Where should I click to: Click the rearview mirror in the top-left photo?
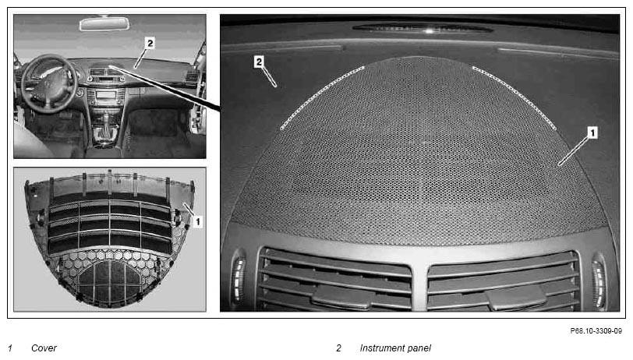(104, 24)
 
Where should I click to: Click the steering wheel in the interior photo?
(49, 83)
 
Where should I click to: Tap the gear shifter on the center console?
(106, 126)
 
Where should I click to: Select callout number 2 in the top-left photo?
(150, 43)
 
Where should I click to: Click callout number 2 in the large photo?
(259, 62)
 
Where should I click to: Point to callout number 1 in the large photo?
(592, 132)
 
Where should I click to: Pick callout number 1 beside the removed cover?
(197, 221)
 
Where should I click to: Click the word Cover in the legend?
(44, 348)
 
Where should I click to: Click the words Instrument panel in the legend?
(395, 348)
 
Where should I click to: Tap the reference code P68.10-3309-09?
(596, 331)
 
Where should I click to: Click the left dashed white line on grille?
(322, 97)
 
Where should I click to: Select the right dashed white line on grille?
(514, 97)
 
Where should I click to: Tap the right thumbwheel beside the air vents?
(599, 282)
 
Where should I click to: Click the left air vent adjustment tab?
(343, 297)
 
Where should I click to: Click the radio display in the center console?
(106, 95)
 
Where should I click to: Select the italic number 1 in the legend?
(10, 348)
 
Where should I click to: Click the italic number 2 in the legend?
(338, 348)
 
